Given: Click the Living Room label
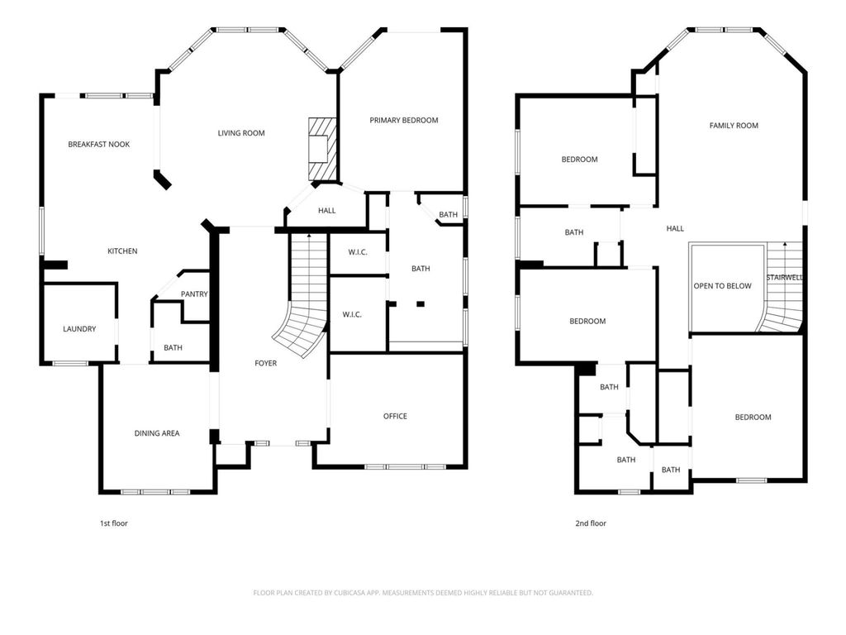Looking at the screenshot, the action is pyautogui.click(x=241, y=133).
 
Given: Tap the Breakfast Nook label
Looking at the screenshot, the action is pyautogui.click(x=99, y=144).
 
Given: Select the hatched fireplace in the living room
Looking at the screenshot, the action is pyautogui.click(x=323, y=149).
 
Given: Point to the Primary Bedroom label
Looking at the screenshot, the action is pyautogui.click(x=403, y=121).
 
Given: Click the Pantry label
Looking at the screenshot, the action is pyautogui.click(x=194, y=294).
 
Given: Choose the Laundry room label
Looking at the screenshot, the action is pyautogui.click(x=79, y=329).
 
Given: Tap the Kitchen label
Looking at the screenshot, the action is pyautogui.click(x=122, y=251).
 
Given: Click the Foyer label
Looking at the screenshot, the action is pyautogui.click(x=265, y=364).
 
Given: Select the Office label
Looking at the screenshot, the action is pyautogui.click(x=395, y=417).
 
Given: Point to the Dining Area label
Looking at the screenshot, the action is pyautogui.click(x=157, y=433).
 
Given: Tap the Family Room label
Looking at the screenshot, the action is pyautogui.click(x=734, y=126).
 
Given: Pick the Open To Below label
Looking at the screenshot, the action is pyautogui.click(x=722, y=286).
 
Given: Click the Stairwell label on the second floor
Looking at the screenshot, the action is pyautogui.click(x=785, y=278).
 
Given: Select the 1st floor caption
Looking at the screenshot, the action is pyautogui.click(x=114, y=523).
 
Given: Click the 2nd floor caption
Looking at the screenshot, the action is pyautogui.click(x=591, y=523).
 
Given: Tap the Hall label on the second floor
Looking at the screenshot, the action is pyautogui.click(x=675, y=229).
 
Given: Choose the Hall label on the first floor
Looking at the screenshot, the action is pyautogui.click(x=327, y=211).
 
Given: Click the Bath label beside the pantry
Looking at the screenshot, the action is pyautogui.click(x=173, y=348).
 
